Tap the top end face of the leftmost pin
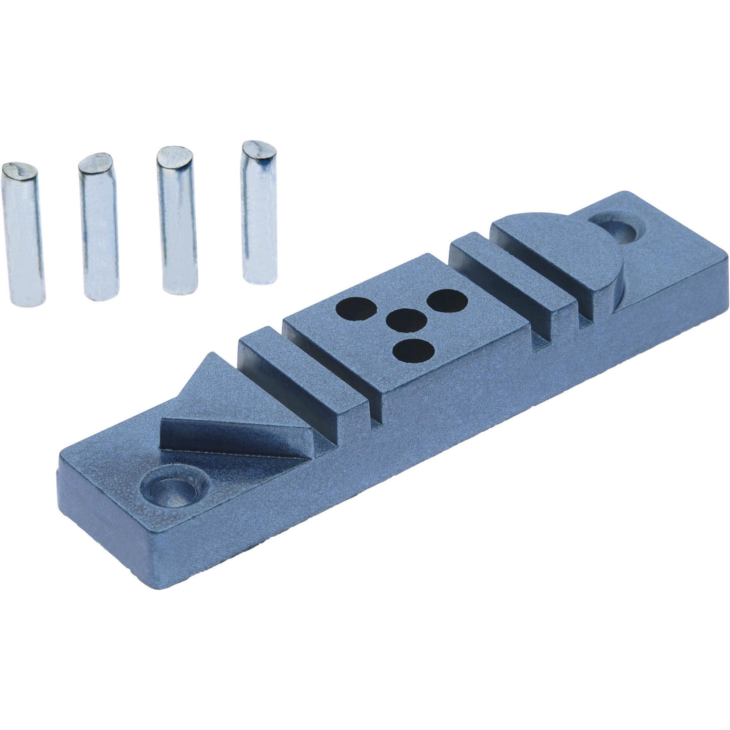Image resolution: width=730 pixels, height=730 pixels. (x=19, y=170)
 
